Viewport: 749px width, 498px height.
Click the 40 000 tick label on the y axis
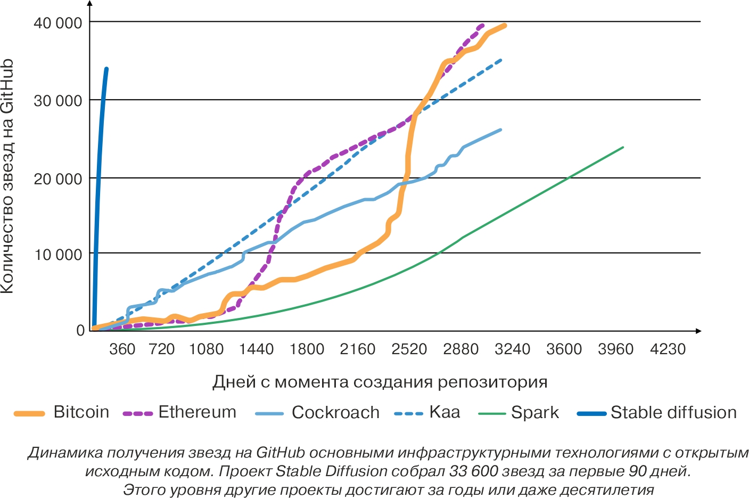click(x=59, y=23)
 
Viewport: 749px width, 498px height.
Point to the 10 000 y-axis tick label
click(x=59, y=255)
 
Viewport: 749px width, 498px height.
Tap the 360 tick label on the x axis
click(x=122, y=349)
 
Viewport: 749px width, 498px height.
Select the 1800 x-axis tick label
click(x=307, y=349)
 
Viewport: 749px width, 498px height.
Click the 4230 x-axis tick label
click(x=668, y=349)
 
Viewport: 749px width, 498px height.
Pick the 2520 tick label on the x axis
click(x=409, y=349)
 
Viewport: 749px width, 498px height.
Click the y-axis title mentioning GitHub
click(x=7, y=176)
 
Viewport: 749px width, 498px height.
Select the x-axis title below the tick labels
click(x=380, y=382)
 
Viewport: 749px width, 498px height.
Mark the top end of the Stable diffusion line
click(x=106, y=69)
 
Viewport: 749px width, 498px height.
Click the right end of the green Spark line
click(x=622, y=147)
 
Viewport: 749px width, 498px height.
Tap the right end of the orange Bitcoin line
click(x=504, y=25)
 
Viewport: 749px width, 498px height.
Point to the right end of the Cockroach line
click(x=500, y=129)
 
